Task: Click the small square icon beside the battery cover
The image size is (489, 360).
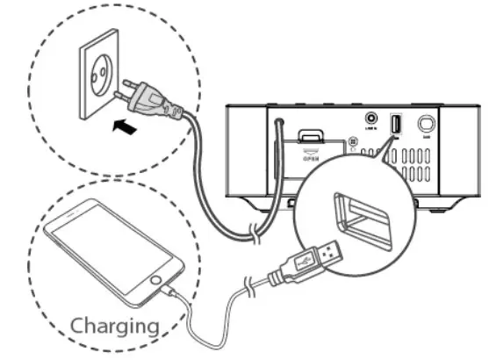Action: click(353, 141)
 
